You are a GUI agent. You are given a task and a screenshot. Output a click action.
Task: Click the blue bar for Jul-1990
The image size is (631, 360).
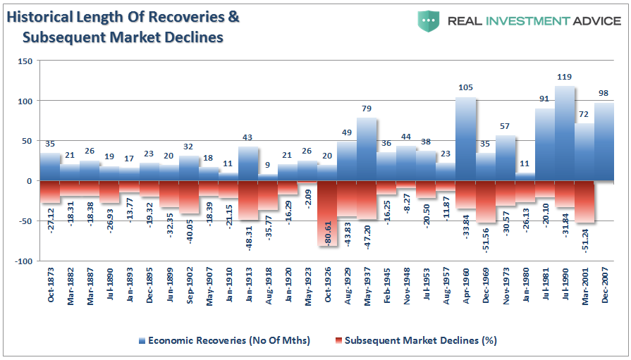[564, 134]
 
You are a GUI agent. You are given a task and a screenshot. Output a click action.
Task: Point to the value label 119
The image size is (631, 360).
[564, 77]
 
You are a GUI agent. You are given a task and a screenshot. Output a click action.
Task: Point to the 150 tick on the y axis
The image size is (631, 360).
[25, 61]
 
